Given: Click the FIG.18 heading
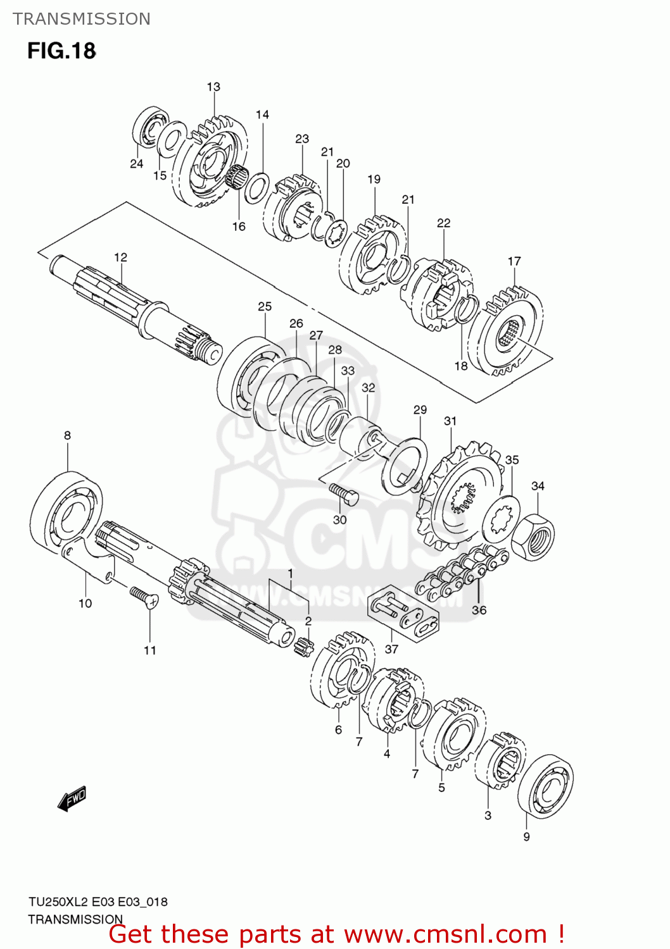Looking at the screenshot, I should pyautogui.click(x=61, y=51).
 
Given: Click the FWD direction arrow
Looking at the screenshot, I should pyautogui.click(x=72, y=798).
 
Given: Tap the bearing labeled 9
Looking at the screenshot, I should pyautogui.click(x=545, y=786).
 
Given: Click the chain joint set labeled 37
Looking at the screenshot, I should pyautogui.click(x=403, y=614).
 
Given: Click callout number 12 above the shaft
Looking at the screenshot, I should pyautogui.click(x=120, y=257).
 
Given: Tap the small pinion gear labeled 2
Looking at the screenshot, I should pyautogui.click(x=305, y=647).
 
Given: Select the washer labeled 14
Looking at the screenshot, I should pyautogui.click(x=256, y=187).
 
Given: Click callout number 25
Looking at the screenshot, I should pyautogui.click(x=265, y=306).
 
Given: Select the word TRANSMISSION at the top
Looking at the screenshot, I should pyautogui.click(x=82, y=19).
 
